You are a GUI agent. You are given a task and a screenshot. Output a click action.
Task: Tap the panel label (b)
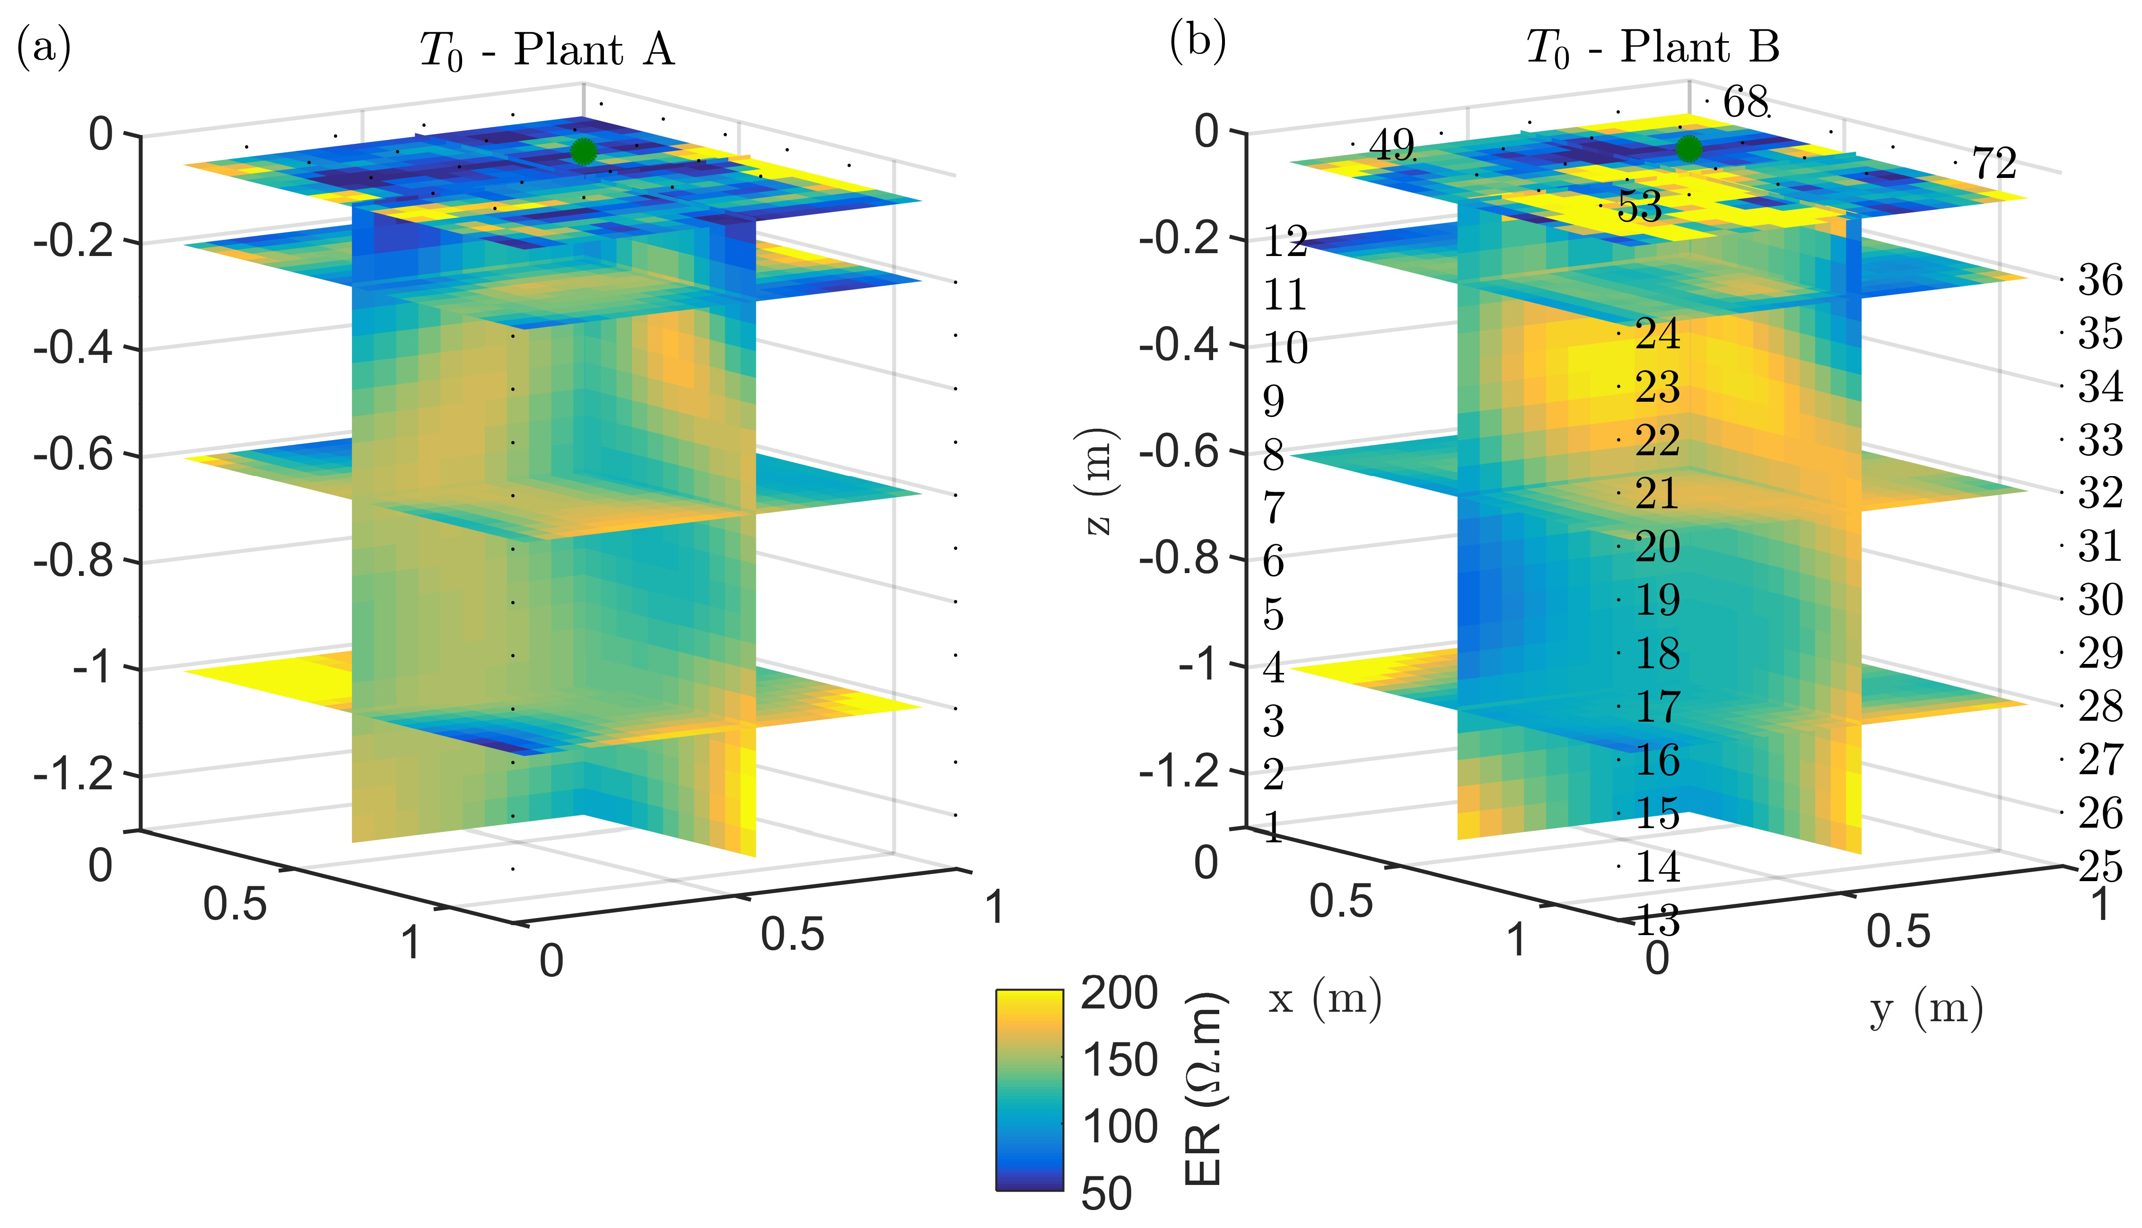(x=1197, y=42)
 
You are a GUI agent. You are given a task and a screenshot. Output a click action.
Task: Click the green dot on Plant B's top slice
(x=1688, y=149)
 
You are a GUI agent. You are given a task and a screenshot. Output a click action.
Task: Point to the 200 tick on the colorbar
(x=1119, y=994)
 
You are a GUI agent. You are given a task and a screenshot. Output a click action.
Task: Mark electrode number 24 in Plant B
(x=1657, y=335)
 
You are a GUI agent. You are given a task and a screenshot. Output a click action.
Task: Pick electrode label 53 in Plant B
(x=1640, y=207)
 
